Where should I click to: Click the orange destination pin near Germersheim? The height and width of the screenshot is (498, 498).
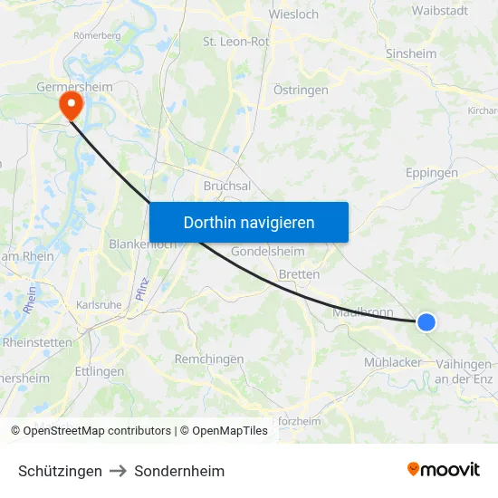click(70, 106)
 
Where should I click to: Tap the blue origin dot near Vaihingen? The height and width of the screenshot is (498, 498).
click(426, 321)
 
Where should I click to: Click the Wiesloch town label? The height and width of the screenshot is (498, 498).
click(292, 14)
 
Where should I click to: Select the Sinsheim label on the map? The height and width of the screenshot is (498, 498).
click(411, 53)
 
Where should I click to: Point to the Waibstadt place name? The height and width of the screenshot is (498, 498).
click(439, 11)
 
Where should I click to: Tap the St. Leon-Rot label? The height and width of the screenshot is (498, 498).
click(235, 42)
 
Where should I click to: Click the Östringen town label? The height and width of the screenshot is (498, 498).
click(301, 91)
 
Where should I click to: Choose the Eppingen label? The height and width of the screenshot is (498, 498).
click(432, 173)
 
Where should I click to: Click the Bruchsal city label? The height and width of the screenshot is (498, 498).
click(227, 186)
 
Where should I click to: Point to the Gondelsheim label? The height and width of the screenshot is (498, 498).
click(268, 251)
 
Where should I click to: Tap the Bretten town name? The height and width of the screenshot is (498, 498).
click(299, 273)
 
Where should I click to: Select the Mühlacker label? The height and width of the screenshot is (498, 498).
click(392, 362)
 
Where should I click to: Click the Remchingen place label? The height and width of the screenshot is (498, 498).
click(209, 359)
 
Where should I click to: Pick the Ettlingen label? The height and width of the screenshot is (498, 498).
click(100, 371)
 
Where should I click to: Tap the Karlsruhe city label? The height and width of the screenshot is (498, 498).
click(99, 305)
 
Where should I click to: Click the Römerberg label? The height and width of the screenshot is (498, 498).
click(97, 35)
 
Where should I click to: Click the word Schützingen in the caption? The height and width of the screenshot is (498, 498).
click(60, 471)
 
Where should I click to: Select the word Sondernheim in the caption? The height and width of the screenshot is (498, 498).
click(179, 471)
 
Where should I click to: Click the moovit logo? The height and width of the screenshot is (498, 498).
click(444, 469)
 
